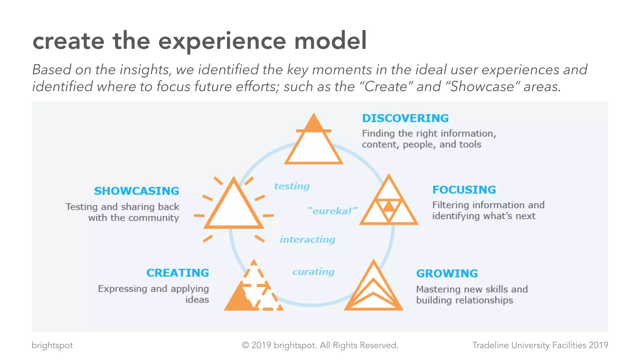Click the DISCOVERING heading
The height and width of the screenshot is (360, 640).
(x=405, y=118)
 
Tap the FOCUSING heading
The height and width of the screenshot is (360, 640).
(x=464, y=190)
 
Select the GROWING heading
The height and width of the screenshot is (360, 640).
(x=447, y=274)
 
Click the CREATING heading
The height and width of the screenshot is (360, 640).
(x=177, y=273)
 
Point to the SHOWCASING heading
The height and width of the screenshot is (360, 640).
(x=137, y=191)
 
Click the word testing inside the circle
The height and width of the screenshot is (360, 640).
(x=292, y=186)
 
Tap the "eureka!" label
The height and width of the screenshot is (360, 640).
(x=332, y=211)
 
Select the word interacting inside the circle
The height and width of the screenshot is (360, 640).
(x=307, y=240)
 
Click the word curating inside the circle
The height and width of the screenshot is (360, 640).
(x=313, y=272)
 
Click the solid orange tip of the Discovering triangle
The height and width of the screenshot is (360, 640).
(x=313, y=124)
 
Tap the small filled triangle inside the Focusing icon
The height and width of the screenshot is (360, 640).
(x=389, y=207)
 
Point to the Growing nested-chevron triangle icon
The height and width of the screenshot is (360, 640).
(x=373, y=289)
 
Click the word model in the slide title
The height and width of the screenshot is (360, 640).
(x=330, y=41)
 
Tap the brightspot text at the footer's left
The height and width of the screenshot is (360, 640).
(x=52, y=345)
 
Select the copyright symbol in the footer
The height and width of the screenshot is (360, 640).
(x=246, y=345)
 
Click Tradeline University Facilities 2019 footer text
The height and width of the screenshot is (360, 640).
(x=540, y=345)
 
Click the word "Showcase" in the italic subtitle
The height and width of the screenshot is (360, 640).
(x=482, y=87)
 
